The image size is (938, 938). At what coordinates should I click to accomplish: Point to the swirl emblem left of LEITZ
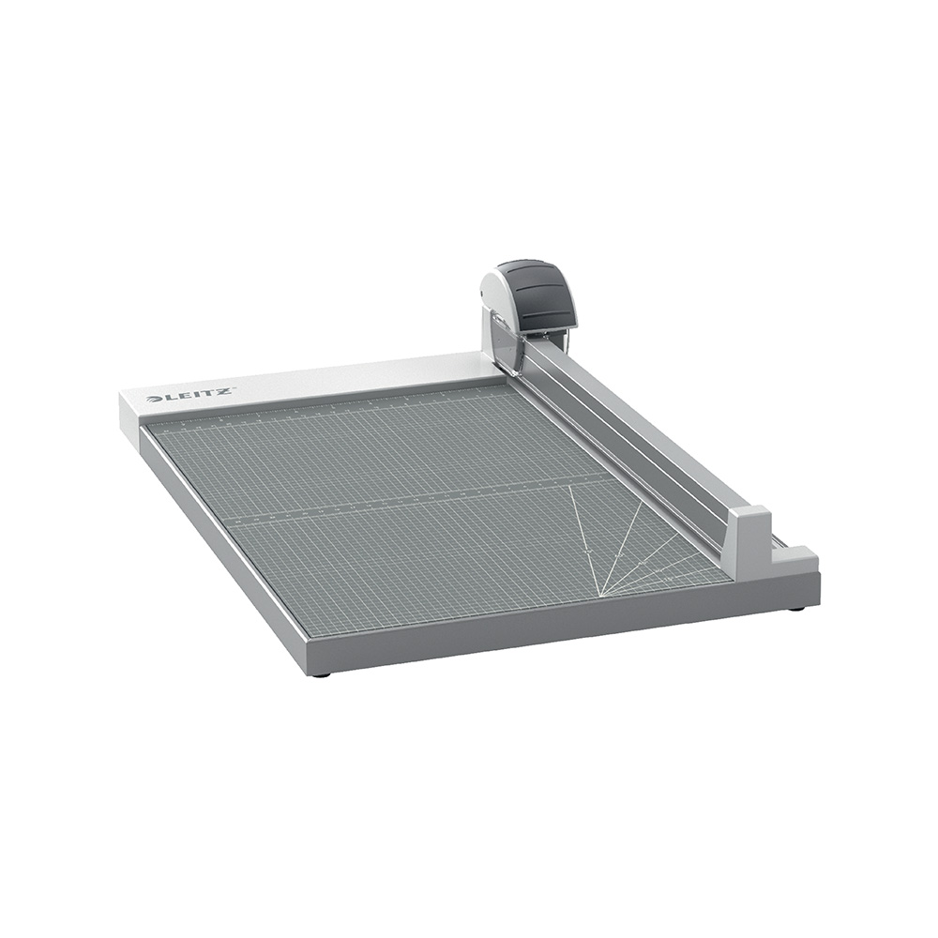153,400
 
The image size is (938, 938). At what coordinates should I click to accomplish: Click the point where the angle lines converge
601,595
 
